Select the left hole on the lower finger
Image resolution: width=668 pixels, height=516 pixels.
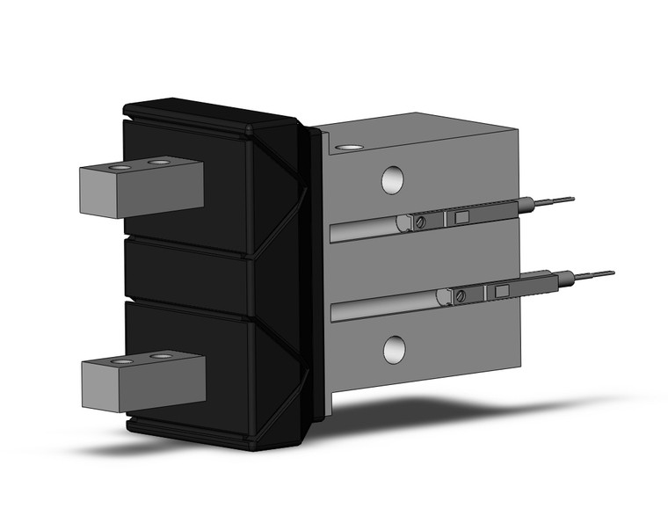pyautogui.click(x=123, y=360)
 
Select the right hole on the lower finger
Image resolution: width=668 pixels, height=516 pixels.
pyautogui.click(x=161, y=356)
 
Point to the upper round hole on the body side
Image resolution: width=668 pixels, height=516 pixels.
pyautogui.click(x=392, y=179)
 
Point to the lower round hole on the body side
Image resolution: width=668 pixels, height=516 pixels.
pyautogui.click(x=393, y=349)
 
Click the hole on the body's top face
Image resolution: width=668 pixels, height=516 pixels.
pyautogui.click(x=349, y=148)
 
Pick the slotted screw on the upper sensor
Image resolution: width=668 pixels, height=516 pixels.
pyautogui.click(x=421, y=222)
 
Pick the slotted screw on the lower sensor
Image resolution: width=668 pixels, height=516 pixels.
pyautogui.click(x=461, y=296)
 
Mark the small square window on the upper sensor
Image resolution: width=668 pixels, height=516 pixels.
pyautogui.click(x=463, y=217)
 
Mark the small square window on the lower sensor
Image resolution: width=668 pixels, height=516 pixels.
pyautogui.click(x=503, y=291)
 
